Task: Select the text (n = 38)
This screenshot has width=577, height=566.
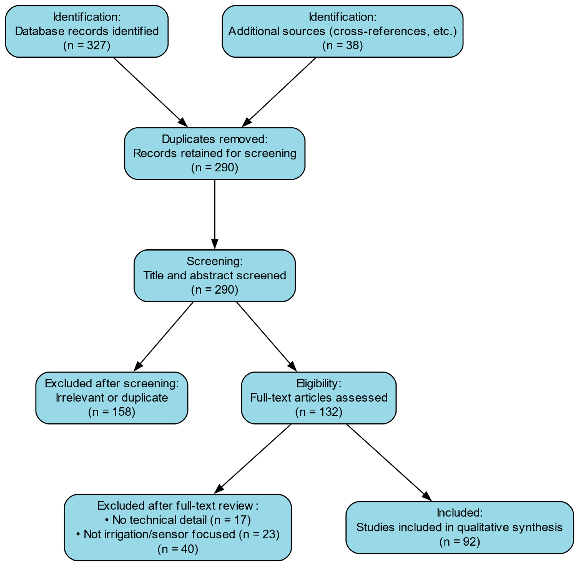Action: pyautogui.click(x=342, y=46)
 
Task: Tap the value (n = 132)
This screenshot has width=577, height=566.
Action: pyautogui.click(x=319, y=412)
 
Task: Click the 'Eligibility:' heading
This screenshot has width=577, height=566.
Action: pyautogui.click(x=319, y=383)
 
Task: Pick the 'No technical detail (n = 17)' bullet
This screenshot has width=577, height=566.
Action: pyautogui.click(x=178, y=520)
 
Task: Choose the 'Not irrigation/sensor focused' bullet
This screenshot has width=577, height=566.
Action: pyautogui.click(x=178, y=534)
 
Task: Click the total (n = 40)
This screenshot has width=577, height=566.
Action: pyautogui.click(x=178, y=549)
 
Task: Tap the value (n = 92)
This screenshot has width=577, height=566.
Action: pyautogui.click(x=460, y=542)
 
